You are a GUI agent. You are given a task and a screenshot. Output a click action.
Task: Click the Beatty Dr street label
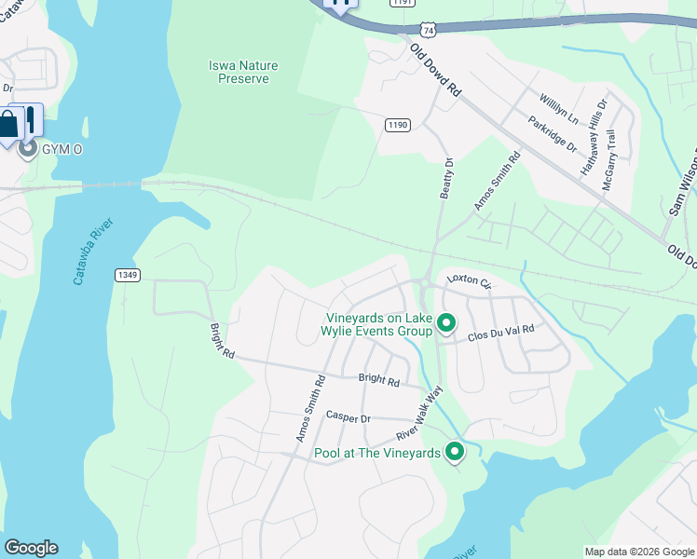446,178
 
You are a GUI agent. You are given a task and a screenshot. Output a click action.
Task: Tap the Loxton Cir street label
468,280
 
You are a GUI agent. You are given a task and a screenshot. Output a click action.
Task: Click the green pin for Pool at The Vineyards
455,452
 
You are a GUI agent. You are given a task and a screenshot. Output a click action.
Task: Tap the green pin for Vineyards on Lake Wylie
446,323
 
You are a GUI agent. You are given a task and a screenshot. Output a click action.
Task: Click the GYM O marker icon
28,148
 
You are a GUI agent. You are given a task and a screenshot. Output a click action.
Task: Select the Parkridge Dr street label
552,134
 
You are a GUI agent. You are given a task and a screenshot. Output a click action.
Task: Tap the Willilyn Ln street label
558,108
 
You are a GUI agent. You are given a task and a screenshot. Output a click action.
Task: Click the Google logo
31,548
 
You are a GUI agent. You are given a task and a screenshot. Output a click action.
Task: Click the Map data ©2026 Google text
638,552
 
